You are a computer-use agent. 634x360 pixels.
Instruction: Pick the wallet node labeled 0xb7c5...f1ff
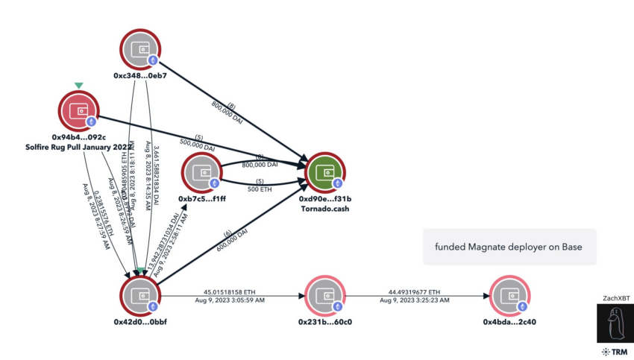(202, 174)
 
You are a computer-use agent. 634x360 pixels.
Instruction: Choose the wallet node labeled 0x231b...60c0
(325, 296)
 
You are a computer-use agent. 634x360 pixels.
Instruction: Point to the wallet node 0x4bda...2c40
(511, 296)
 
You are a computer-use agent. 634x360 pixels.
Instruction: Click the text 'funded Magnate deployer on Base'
(509, 247)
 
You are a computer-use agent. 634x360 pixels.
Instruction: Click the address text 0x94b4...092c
(78, 138)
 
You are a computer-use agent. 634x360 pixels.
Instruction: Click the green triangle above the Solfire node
(78, 86)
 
